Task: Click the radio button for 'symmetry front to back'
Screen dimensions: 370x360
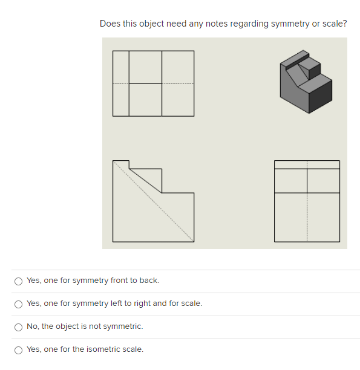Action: pos(19,281)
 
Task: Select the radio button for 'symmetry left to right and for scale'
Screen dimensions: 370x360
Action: pos(19,303)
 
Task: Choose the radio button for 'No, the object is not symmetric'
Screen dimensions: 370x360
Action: pos(19,326)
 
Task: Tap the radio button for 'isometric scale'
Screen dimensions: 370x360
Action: pos(19,349)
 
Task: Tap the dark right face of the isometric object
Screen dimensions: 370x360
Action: pos(320,97)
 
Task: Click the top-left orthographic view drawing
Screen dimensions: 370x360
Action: pos(153,83)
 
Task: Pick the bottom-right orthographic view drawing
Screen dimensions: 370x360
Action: pos(307,201)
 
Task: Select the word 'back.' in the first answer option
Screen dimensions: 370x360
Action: pos(149,281)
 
